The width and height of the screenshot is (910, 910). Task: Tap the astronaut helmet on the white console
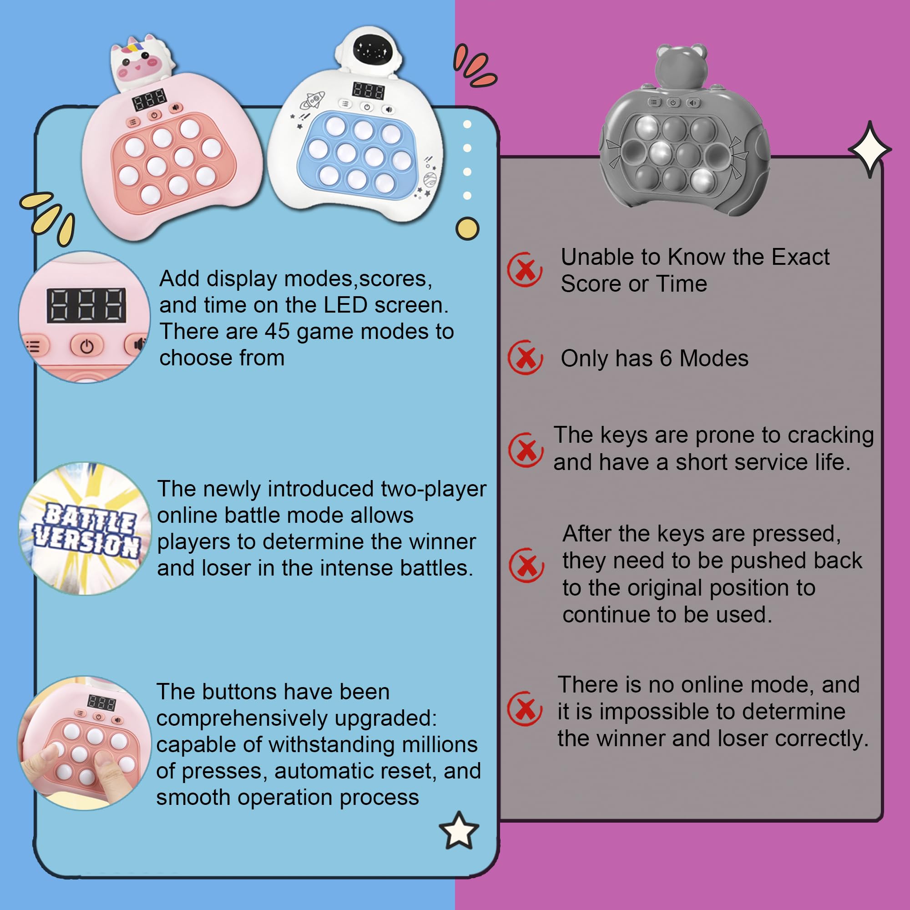click(x=369, y=50)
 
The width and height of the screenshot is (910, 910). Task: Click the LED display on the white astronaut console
click(x=369, y=91)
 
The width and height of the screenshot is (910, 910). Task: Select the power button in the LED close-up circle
click(x=86, y=346)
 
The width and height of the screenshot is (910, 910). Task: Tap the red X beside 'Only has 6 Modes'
click(x=525, y=358)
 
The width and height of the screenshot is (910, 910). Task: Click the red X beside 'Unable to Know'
click(x=524, y=269)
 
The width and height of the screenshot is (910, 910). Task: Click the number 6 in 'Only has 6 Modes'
click(x=665, y=359)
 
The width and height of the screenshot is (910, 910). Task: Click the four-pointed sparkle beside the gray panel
click(x=870, y=149)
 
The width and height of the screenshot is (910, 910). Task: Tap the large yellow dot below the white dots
click(x=467, y=229)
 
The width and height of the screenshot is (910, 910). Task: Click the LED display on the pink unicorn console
click(x=149, y=99)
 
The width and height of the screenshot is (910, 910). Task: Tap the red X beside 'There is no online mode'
click(x=525, y=708)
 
